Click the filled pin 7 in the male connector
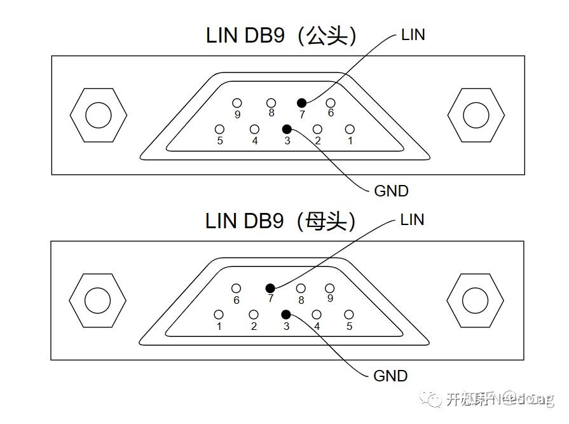pyautogui.click(x=301, y=103)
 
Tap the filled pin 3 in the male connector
pyautogui.click(x=287, y=129)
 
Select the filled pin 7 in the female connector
pyautogui.click(x=270, y=288)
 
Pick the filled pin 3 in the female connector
pyautogui.click(x=286, y=314)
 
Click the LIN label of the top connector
pyautogui.click(x=413, y=35)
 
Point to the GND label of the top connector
pyautogui.click(x=391, y=191)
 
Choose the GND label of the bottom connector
pyautogui.click(x=390, y=376)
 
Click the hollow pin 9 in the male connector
pyautogui.click(x=237, y=103)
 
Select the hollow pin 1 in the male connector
pyautogui.click(x=349, y=130)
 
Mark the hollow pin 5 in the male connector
pyautogui.click(x=220, y=130)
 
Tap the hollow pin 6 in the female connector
pyautogui.click(x=237, y=289)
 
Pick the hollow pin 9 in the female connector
pyautogui.click(x=330, y=289)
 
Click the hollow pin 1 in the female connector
pyautogui.click(x=219, y=315)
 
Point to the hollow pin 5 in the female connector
pyautogui.click(x=348, y=315)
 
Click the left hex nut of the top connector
pyautogui.click(x=98, y=115)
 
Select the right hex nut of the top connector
pyautogui.click(x=476, y=115)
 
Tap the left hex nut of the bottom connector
pyautogui.click(x=97, y=300)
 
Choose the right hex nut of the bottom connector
pyautogui.click(x=475, y=300)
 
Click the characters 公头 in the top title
pyautogui.click(x=327, y=36)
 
